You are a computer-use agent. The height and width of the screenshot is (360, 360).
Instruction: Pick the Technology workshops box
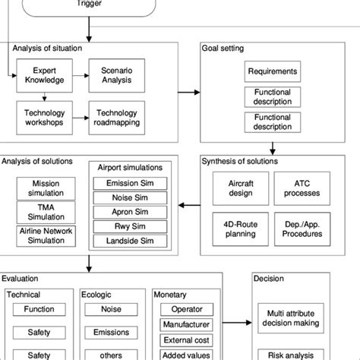(43, 117)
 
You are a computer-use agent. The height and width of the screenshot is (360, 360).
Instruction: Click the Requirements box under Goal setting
(271, 73)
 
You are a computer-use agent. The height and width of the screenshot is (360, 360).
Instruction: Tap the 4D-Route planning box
(232, 229)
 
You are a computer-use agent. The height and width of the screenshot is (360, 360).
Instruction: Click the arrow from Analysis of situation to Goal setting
(189, 93)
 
